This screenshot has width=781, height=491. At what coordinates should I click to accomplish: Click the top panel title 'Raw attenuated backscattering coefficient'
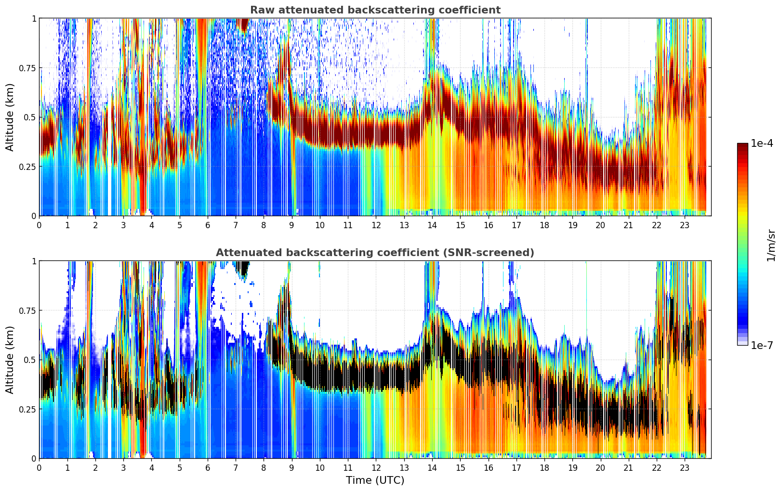(375, 10)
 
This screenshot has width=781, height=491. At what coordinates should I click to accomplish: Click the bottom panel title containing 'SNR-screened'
(375, 253)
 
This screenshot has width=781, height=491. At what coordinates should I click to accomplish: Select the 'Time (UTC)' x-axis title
(375, 480)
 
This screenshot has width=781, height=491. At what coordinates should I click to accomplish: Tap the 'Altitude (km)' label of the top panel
(10, 117)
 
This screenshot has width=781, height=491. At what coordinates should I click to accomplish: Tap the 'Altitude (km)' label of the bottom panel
(10, 360)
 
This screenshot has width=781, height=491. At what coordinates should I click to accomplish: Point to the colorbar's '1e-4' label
(762, 143)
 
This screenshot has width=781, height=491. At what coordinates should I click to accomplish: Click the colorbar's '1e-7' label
(762, 345)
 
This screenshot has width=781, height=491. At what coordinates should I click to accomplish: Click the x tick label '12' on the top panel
(376, 225)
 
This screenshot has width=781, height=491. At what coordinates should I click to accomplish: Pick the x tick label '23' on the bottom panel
(685, 468)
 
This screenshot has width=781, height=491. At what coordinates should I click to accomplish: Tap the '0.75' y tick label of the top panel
(27, 68)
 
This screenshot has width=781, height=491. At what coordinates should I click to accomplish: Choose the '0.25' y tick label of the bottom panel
(27, 409)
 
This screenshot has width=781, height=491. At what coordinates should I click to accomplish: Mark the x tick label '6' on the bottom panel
(208, 468)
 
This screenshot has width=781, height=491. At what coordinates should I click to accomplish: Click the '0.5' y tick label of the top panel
(30, 117)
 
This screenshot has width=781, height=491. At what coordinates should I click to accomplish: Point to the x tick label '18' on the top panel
(544, 225)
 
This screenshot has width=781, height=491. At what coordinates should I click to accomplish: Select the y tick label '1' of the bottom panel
(34, 261)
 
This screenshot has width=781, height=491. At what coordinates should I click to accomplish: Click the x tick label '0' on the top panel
(40, 225)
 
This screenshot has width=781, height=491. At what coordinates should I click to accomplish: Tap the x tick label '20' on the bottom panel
(600, 468)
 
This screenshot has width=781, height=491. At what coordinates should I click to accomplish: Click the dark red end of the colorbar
(742, 146)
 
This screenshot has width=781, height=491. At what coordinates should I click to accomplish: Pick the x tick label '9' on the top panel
(291, 225)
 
